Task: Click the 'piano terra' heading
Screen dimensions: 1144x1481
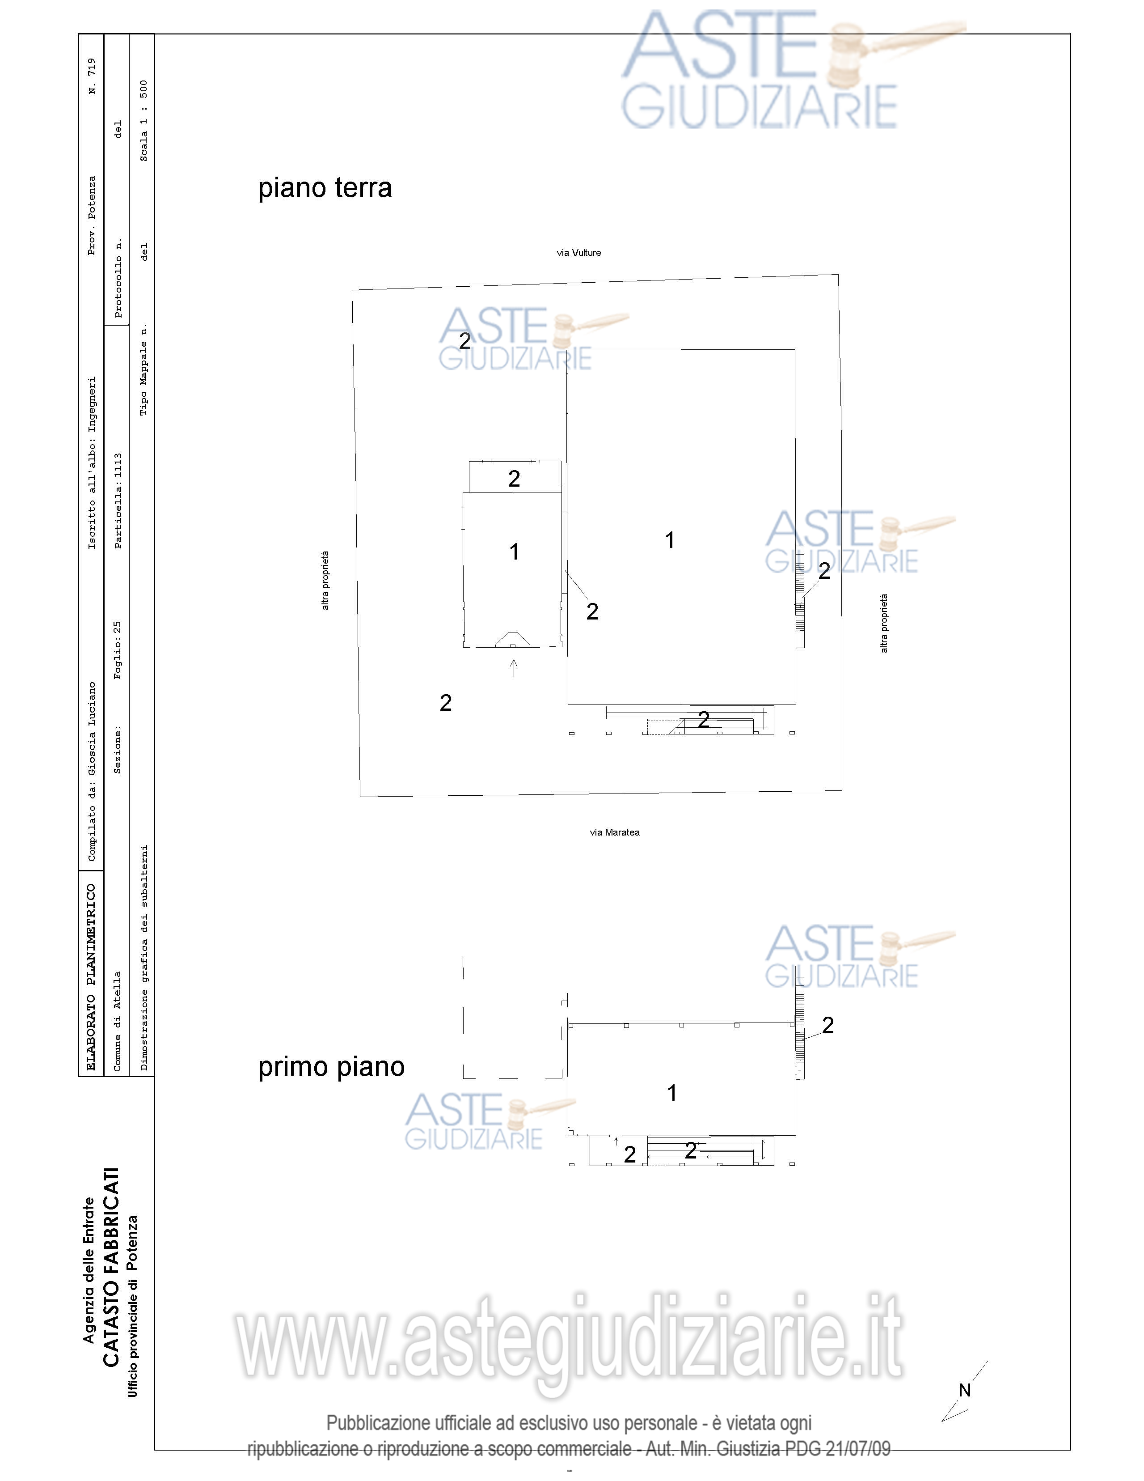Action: pyautogui.click(x=325, y=188)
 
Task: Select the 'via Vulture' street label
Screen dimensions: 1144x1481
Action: pyautogui.click(x=579, y=253)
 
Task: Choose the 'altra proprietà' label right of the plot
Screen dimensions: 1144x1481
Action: pyautogui.click(x=884, y=623)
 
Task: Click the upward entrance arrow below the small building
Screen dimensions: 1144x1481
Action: pyautogui.click(x=514, y=668)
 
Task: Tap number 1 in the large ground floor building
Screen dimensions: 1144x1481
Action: pyautogui.click(x=670, y=540)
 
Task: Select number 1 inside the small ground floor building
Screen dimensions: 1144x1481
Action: pyautogui.click(x=515, y=552)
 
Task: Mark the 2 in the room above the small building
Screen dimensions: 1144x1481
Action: pyautogui.click(x=515, y=479)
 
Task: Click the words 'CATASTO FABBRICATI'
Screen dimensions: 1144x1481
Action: pyautogui.click(x=110, y=1267)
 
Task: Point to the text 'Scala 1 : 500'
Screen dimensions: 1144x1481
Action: pyautogui.click(x=144, y=121)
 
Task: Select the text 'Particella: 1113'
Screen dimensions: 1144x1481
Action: pyautogui.click(x=118, y=501)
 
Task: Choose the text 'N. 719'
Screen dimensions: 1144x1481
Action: pyautogui.click(x=92, y=76)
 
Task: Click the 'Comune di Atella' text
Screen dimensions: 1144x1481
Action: pyautogui.click(x=117, y=1021)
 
